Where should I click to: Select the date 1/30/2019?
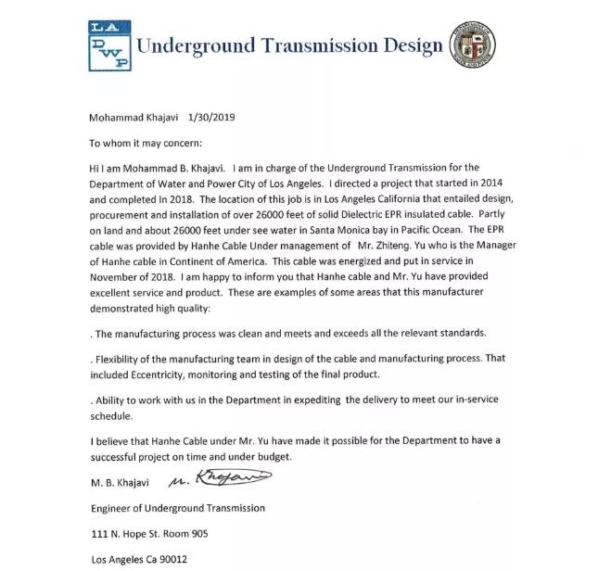click(212, 119)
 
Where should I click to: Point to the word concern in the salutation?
click(180, 144)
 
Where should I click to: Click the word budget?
click(271, 458)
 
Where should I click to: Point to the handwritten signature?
click(222, 481)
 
